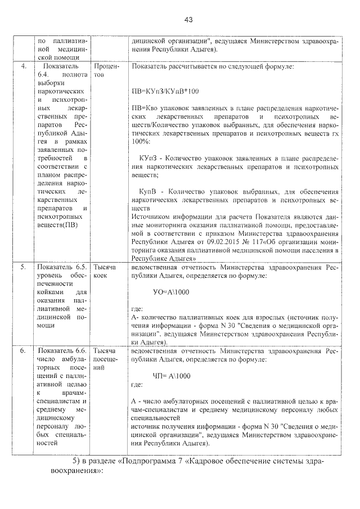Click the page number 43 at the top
(x=188, y=20)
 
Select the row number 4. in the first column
(x=24, y=67)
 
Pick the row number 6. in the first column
(x=24, y=350)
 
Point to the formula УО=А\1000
(x=172, y=292)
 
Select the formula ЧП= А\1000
(x=172, y=376)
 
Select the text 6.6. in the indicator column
(x=76, y=350)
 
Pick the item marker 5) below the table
(x=78, y=461)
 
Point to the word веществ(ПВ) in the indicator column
(x=57, y=226)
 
